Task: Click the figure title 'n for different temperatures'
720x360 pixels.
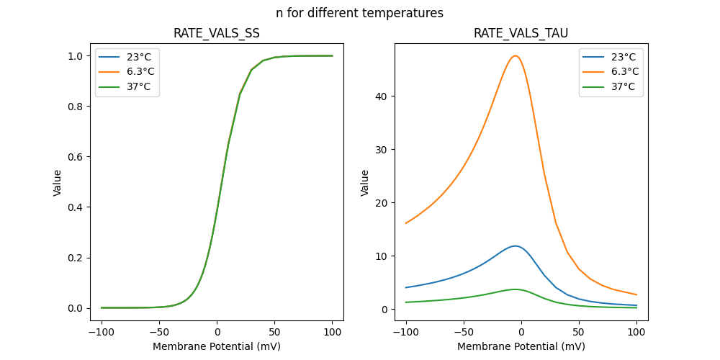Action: (x=359, y=13)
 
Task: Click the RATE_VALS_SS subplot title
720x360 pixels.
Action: (x=217, y=33)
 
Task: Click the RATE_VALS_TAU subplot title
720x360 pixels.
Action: (x=521, y=33)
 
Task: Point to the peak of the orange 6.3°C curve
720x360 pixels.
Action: (x=515, y=55)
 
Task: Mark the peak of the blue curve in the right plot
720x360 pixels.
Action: (x=515, y=246)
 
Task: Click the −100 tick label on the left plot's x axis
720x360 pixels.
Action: (x=102, y=333)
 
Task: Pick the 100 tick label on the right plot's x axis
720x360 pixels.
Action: (x=636, y=333)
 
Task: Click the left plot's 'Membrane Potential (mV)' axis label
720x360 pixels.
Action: (x=217, y=346)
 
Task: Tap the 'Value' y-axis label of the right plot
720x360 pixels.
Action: (x=365, y=182)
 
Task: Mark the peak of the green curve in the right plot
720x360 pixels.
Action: (x=515, y=289)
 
